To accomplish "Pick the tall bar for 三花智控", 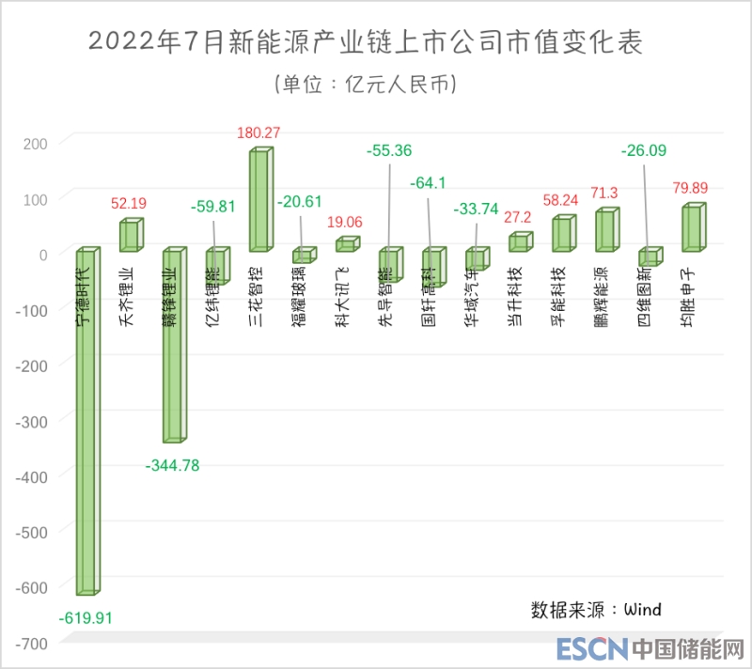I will click(x=259, y=200).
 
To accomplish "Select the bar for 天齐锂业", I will click(x=130, y=236).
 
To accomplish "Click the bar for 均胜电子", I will click(x=692, y=228).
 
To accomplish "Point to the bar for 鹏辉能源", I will click(x=606, y=231).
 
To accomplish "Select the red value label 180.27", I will click(x=259, y=132).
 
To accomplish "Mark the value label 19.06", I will click(x=347, y=223).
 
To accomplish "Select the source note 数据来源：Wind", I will click(x=596, y=610).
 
